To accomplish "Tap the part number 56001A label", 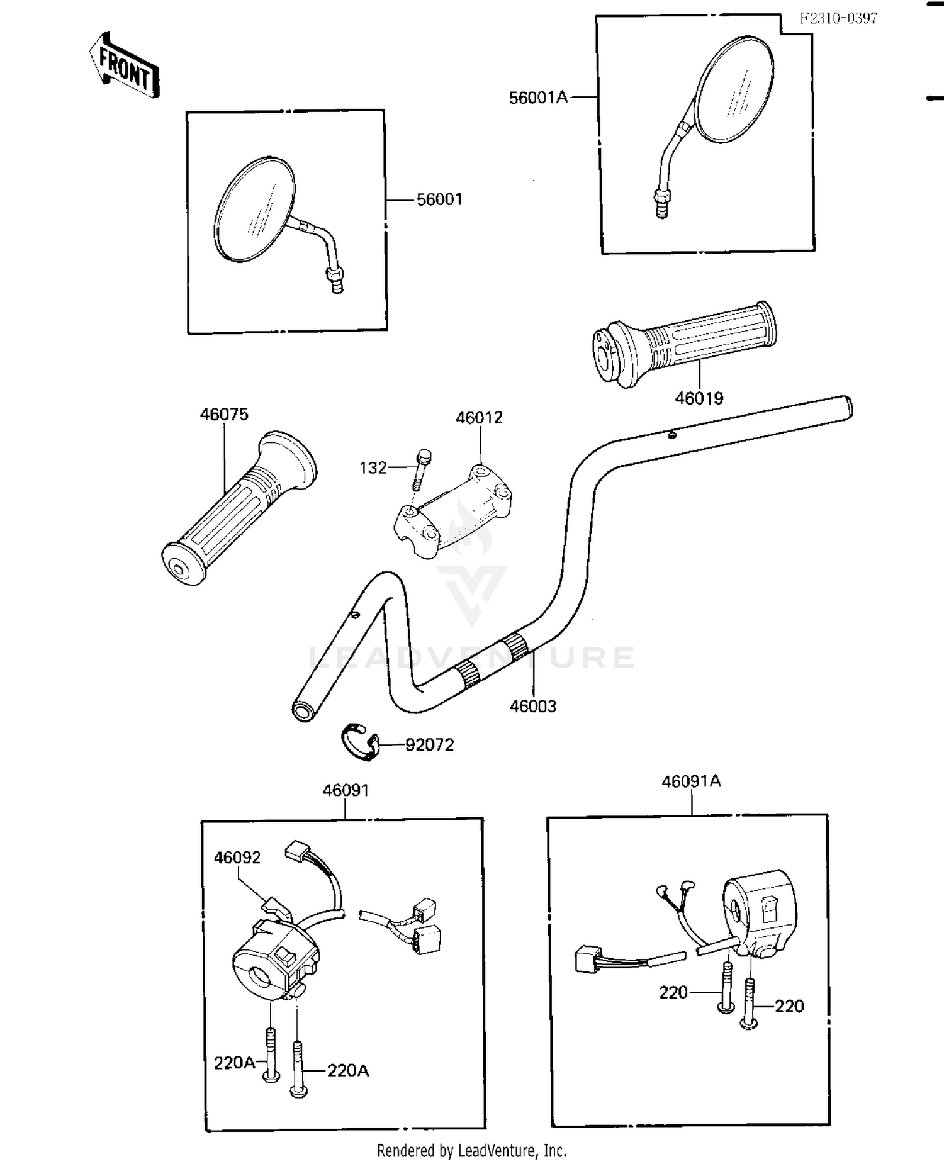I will tap(538, 98).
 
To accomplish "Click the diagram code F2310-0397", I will tap(838, 18).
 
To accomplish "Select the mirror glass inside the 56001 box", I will tap(255, 209).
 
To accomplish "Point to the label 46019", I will tap(699, 398).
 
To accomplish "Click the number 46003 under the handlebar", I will tap(533, 706).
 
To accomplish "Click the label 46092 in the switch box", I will tap(237, 858).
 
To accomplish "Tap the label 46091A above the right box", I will tap(691, 781).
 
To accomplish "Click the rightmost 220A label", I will tap(348, 1070).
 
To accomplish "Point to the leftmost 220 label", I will tap(673, 992).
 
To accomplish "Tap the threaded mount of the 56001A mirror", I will tap(661, 203).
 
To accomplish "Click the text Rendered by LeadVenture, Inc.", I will tap(471, 1151).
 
